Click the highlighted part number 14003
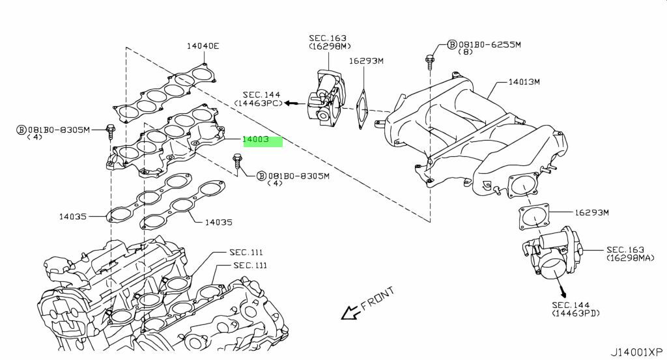click(x=255, y=139)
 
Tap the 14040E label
click(x=203, y=46)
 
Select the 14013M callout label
click(x=524, y=81)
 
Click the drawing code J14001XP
click(x=637, y=352)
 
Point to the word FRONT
click(x=377, y=298)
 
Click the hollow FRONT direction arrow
click(x=350, y=313)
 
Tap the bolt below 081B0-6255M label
click(x=430, y=62)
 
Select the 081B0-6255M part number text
click(x=489, y=44)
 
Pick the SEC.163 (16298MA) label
click(x=630, y=253)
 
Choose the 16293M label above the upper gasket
click(x=366, y=61)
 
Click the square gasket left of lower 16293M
click(x=534, y=217)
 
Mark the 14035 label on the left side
click(x=72, y=216)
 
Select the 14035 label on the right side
click(x=219, y=222)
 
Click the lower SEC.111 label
click(x=250, y=265)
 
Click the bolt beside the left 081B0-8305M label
click(x=110, y=132)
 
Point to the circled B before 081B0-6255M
click(x=452, y=44)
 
